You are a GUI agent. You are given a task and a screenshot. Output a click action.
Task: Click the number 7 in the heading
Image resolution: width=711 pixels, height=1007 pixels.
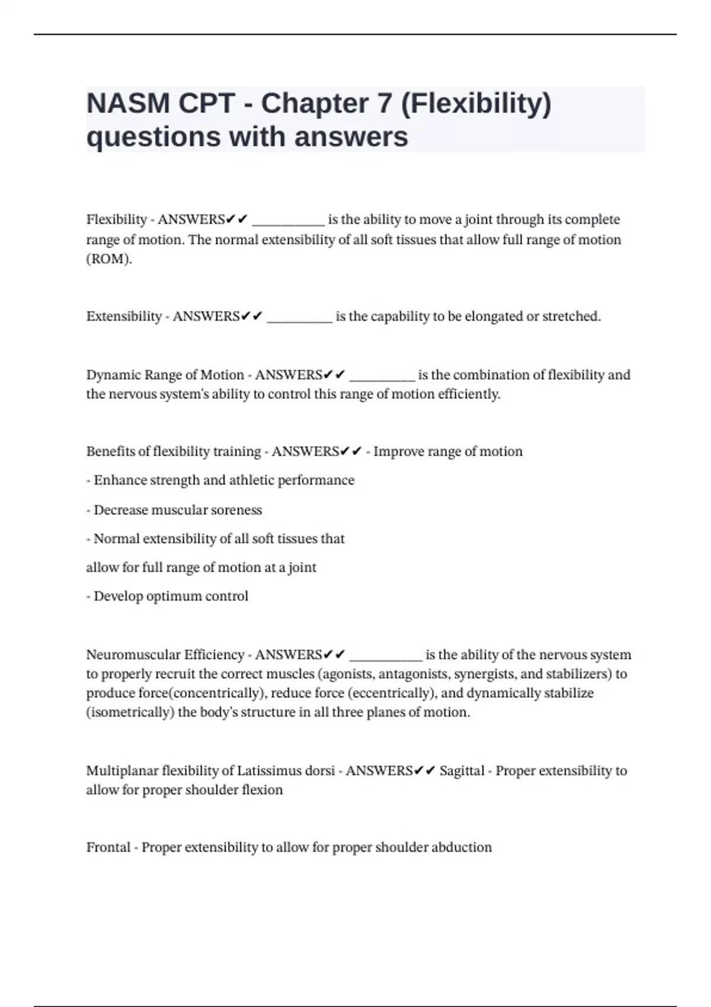pos(384,104)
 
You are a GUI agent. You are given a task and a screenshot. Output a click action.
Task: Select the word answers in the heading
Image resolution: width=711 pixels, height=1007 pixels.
pos(351,137)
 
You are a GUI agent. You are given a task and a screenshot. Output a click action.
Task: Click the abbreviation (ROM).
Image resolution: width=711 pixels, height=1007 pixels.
pos(109,259)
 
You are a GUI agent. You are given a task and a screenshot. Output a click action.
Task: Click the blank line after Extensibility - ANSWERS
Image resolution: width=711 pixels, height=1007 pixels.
pos(299,318)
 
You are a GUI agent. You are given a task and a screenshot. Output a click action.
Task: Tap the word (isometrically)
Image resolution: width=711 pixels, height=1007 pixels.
pos(130,712)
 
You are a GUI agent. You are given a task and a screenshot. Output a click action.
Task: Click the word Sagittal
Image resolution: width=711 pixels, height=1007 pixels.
pos(462,771)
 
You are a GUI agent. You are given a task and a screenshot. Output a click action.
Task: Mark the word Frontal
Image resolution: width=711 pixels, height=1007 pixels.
pos(108,847)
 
